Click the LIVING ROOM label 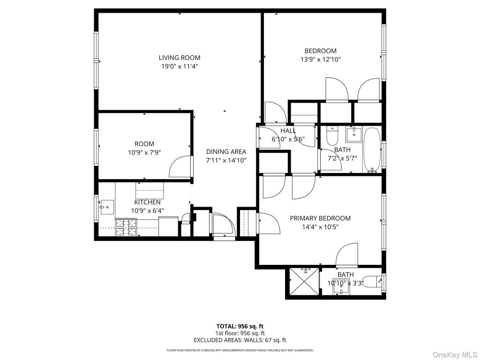[x=179, y=58]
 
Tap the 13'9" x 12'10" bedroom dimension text [x=320, y=60]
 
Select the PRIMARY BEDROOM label [x=320, y=218]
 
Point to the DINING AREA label [x=226, y=151]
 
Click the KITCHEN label [x=147, y=202]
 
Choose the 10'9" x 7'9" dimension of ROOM [x=144, y=152]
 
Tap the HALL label [x=288, y=130]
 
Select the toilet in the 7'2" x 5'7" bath [x=332, y=136]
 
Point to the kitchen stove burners [x=126, y=227]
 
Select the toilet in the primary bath [x=374, y=281]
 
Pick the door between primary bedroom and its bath [x=347, y=256]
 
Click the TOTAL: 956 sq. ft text [x=240, y=326]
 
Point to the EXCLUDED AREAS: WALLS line [x=240, y=340]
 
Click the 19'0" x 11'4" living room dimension [x=179, y=66]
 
